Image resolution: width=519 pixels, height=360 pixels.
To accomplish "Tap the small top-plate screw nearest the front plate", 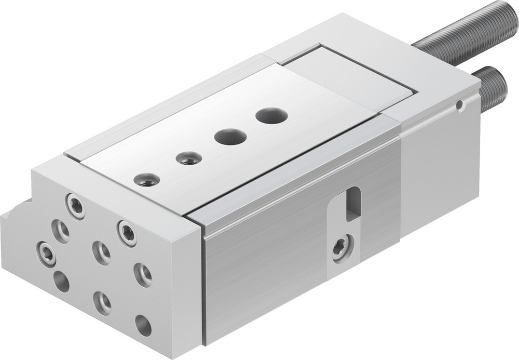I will [x=146, y=180].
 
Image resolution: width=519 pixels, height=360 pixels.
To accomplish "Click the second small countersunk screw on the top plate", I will [x=188, y=158].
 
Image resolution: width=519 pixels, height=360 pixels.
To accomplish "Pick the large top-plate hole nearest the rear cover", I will [x=271, y=115].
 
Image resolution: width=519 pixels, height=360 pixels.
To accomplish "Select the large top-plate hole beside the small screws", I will [x=230, y=137].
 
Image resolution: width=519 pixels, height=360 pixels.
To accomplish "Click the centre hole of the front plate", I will [x=101, y=253].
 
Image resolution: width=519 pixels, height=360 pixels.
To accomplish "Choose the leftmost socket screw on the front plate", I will [x=46, y=254].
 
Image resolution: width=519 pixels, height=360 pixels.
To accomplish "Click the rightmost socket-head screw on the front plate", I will [x=127, y=233].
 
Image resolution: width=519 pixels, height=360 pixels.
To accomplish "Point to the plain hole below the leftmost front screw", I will [x=61, y=281].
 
